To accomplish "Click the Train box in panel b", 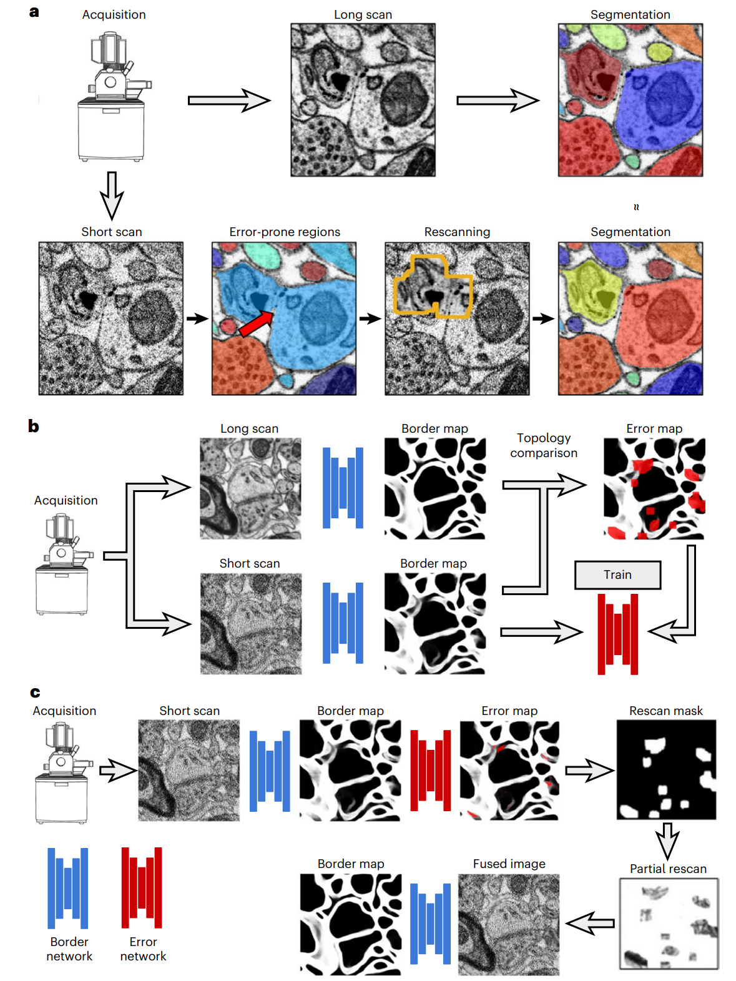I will [x=617, y=574].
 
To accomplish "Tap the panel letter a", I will [x=34, y=12].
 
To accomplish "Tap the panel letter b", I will [x=34, y=426].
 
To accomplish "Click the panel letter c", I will [x=35, y=693].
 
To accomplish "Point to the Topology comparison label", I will [x=543, y=445].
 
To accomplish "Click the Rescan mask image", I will [x=666, y=769].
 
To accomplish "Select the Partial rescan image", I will [x=669, y=924].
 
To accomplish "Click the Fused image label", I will [x=509, y=864].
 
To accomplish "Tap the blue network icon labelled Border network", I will [x=68, y=887].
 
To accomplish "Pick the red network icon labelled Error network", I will [x=142, y=887].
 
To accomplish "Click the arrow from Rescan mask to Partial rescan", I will [x=667, y=841].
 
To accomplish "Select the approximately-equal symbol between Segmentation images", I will [x=636, y=207].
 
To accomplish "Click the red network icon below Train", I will [x=617, y=634].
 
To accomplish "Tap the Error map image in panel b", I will [x=654, y=488].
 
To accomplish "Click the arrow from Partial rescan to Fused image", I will [x=590, y=924].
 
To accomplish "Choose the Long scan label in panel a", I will [x=363, y=14].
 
